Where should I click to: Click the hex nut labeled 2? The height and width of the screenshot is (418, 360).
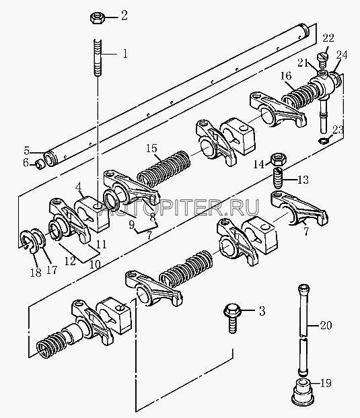click(96, 18)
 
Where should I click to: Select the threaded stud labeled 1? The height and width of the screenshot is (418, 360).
click(98, 58)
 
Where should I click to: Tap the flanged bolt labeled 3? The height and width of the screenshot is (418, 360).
click(232, 318)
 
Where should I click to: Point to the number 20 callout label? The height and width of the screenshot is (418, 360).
click(326, 325)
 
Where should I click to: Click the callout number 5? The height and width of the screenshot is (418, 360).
click(26, 151)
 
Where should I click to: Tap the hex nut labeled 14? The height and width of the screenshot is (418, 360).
click(279, 160)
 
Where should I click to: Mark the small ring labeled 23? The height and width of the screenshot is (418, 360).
click(323, 140)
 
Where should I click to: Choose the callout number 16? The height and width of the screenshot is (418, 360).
click(285, 76)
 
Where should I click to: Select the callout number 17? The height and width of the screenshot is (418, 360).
click(52, 270)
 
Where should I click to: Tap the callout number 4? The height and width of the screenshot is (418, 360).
click(78, 187)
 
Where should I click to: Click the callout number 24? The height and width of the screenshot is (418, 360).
click(342, 55)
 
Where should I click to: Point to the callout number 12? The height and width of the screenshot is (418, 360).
click(70, 262)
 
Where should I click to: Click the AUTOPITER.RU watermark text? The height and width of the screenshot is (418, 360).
click(179, 208)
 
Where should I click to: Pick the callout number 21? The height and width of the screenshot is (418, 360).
click(303, 63)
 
